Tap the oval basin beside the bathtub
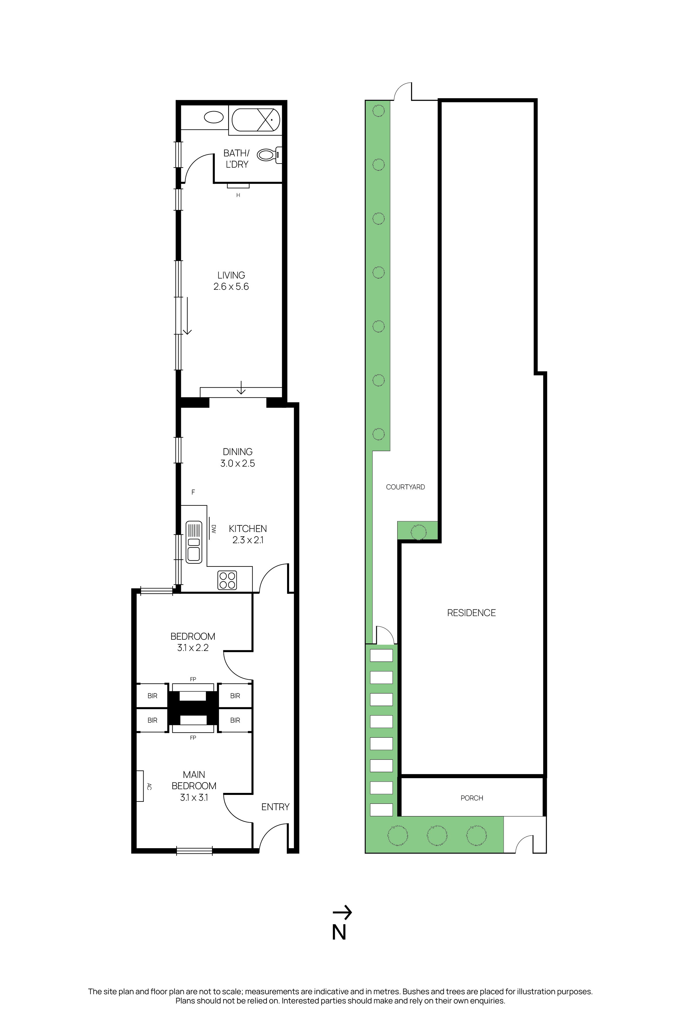point(213,117)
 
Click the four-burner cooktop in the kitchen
point(227,580)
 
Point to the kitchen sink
point(194,542)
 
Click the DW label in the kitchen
point(213,529)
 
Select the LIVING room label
point(231,275)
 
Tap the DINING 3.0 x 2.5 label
point(238,458)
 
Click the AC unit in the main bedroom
point(140,786)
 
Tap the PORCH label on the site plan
point(471,798)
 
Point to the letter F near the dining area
point(193,492)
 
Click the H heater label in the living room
point(238,195)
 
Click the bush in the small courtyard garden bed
point(418,531)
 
